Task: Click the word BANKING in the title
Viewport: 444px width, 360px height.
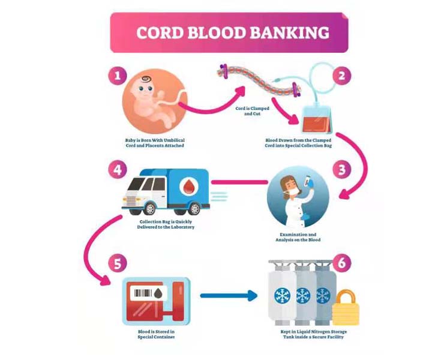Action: click(292, 32)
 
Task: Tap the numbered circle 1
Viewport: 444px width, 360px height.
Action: click(117, 76)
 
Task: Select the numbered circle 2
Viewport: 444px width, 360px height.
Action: click(341, 76)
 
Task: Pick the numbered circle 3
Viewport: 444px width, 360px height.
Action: click(341, 170)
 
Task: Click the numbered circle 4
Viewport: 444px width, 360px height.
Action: click(117, 170)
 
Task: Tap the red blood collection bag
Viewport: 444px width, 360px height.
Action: click(316, 119)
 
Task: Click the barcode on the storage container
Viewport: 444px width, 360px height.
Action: click(143, 294)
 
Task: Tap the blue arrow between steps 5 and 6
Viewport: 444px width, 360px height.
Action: click(227, 295)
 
